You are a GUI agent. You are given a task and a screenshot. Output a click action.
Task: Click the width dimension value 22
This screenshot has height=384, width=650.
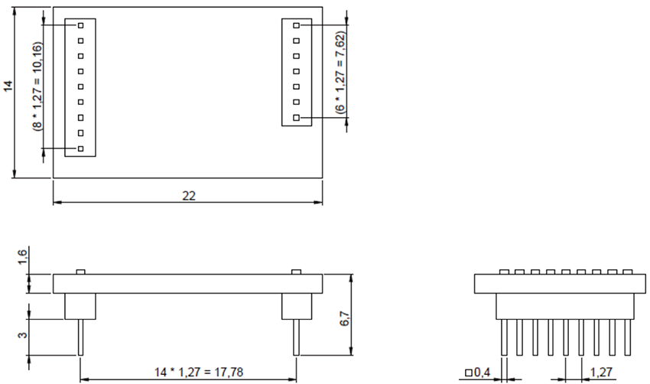[x=189, y=195]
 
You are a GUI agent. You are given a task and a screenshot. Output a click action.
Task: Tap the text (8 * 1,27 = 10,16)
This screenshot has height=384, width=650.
[x=37, y=86]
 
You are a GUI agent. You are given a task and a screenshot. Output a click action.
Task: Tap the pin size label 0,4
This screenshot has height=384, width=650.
[x=479, y=373]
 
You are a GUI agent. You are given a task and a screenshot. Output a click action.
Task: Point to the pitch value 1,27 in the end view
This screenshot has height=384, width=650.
[x=600, y=373]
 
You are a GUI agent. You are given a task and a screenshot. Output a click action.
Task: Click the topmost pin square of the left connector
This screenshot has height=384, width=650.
[x=80, y=25]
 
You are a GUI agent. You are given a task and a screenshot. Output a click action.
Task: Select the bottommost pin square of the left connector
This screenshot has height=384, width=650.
[x=80, y=148]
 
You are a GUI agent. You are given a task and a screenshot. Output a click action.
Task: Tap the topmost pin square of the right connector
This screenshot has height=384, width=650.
[x=296, y=26]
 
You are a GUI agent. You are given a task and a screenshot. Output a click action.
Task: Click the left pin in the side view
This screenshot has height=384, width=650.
[x=80, y=337]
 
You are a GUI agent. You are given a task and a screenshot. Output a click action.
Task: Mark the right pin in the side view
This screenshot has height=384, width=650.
[x=296, y=337]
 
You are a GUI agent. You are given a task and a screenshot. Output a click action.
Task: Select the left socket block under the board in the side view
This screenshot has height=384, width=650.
[x=80, y=307]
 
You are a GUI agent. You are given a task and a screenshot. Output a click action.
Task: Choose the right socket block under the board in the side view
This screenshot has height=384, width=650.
[x=296, y=307]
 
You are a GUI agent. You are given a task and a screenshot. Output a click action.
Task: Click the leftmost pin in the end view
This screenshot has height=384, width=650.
[x=504, y=337]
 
